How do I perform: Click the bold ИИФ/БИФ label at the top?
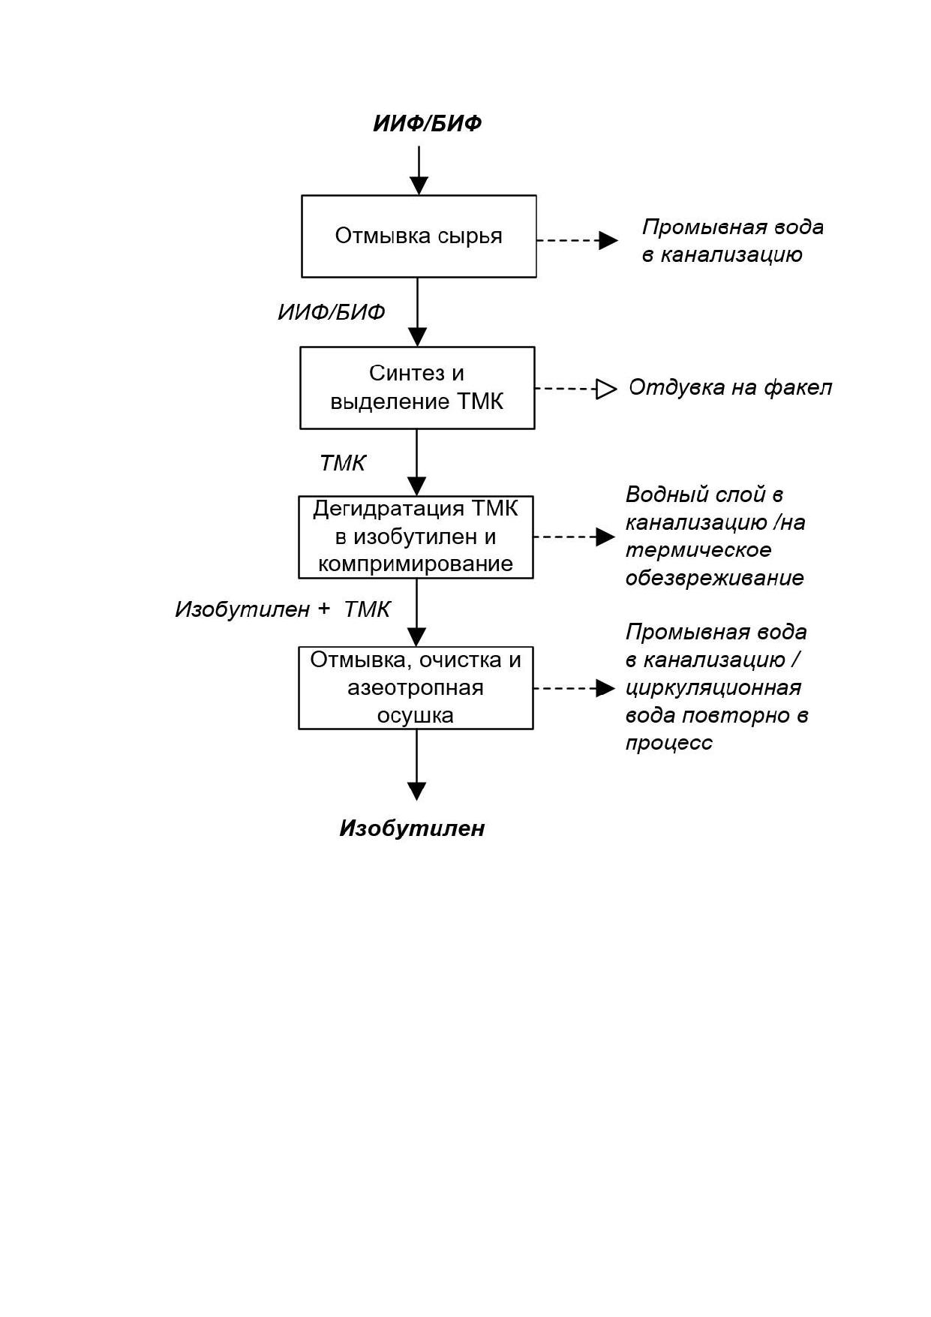tap(427, 123)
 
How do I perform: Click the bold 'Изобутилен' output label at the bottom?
tap(412, 828)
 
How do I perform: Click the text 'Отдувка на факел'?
tap(730, 387)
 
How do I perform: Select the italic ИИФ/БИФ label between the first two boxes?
tap(332, 312)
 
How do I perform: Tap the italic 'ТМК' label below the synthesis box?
tap(343, 463)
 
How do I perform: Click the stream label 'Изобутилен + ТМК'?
tap(283, 609)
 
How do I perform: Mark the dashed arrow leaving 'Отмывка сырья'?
tap(577, 240)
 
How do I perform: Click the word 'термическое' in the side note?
tap(698, 550)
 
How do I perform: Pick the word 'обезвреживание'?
tap(714, 578)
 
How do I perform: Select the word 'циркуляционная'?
tap(713, 687)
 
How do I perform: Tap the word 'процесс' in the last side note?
tap(669, 743)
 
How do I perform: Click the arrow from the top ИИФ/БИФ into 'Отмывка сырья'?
tap(419, 170)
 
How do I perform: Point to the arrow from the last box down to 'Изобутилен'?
tap(416, 765)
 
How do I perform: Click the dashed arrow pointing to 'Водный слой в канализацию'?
tap(574, 537)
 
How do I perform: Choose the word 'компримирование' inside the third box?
tap(416, 564)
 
